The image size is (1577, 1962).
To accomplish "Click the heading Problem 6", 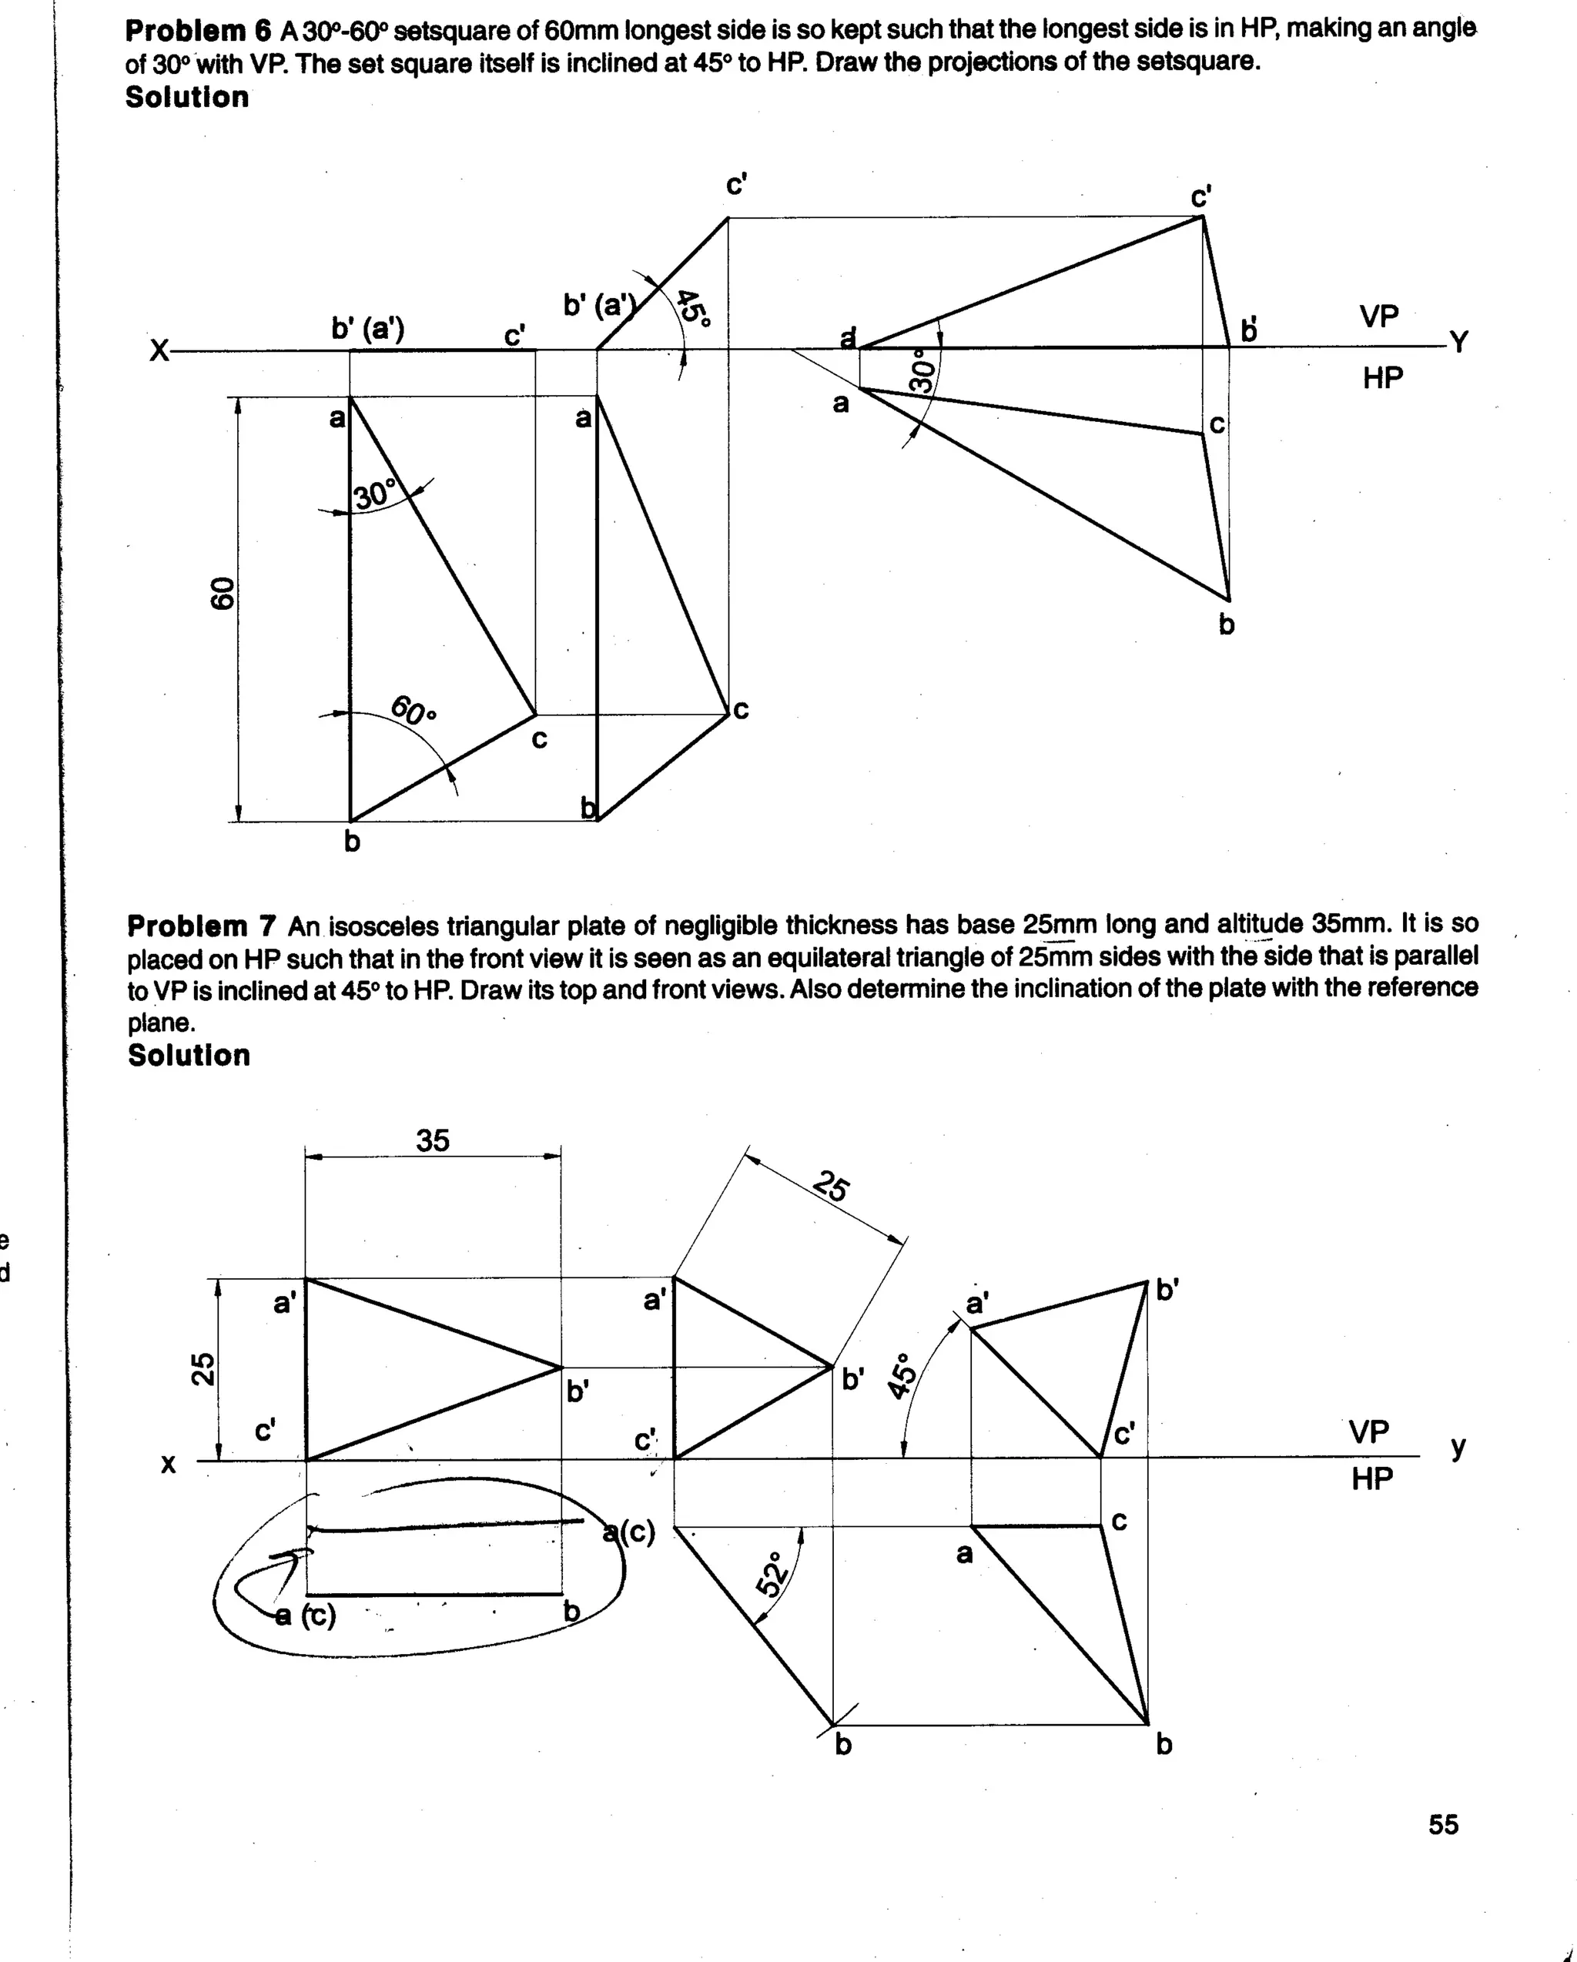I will click(197, 31).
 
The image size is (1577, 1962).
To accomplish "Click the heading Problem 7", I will click(201, 926).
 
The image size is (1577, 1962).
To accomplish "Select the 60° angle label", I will click(414, 710).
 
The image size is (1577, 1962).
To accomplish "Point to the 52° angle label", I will click(772, 1575).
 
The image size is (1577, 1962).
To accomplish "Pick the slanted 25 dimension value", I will click(831, 1187).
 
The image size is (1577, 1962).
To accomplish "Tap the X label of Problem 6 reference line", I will click(159, 350).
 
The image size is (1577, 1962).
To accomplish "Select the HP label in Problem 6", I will click(1382, 377).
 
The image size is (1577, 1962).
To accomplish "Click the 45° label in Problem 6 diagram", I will click(695, 306).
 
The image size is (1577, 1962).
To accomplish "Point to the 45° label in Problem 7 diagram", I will click(901, 1376).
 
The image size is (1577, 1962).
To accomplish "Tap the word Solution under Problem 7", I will click(189, 1055).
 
